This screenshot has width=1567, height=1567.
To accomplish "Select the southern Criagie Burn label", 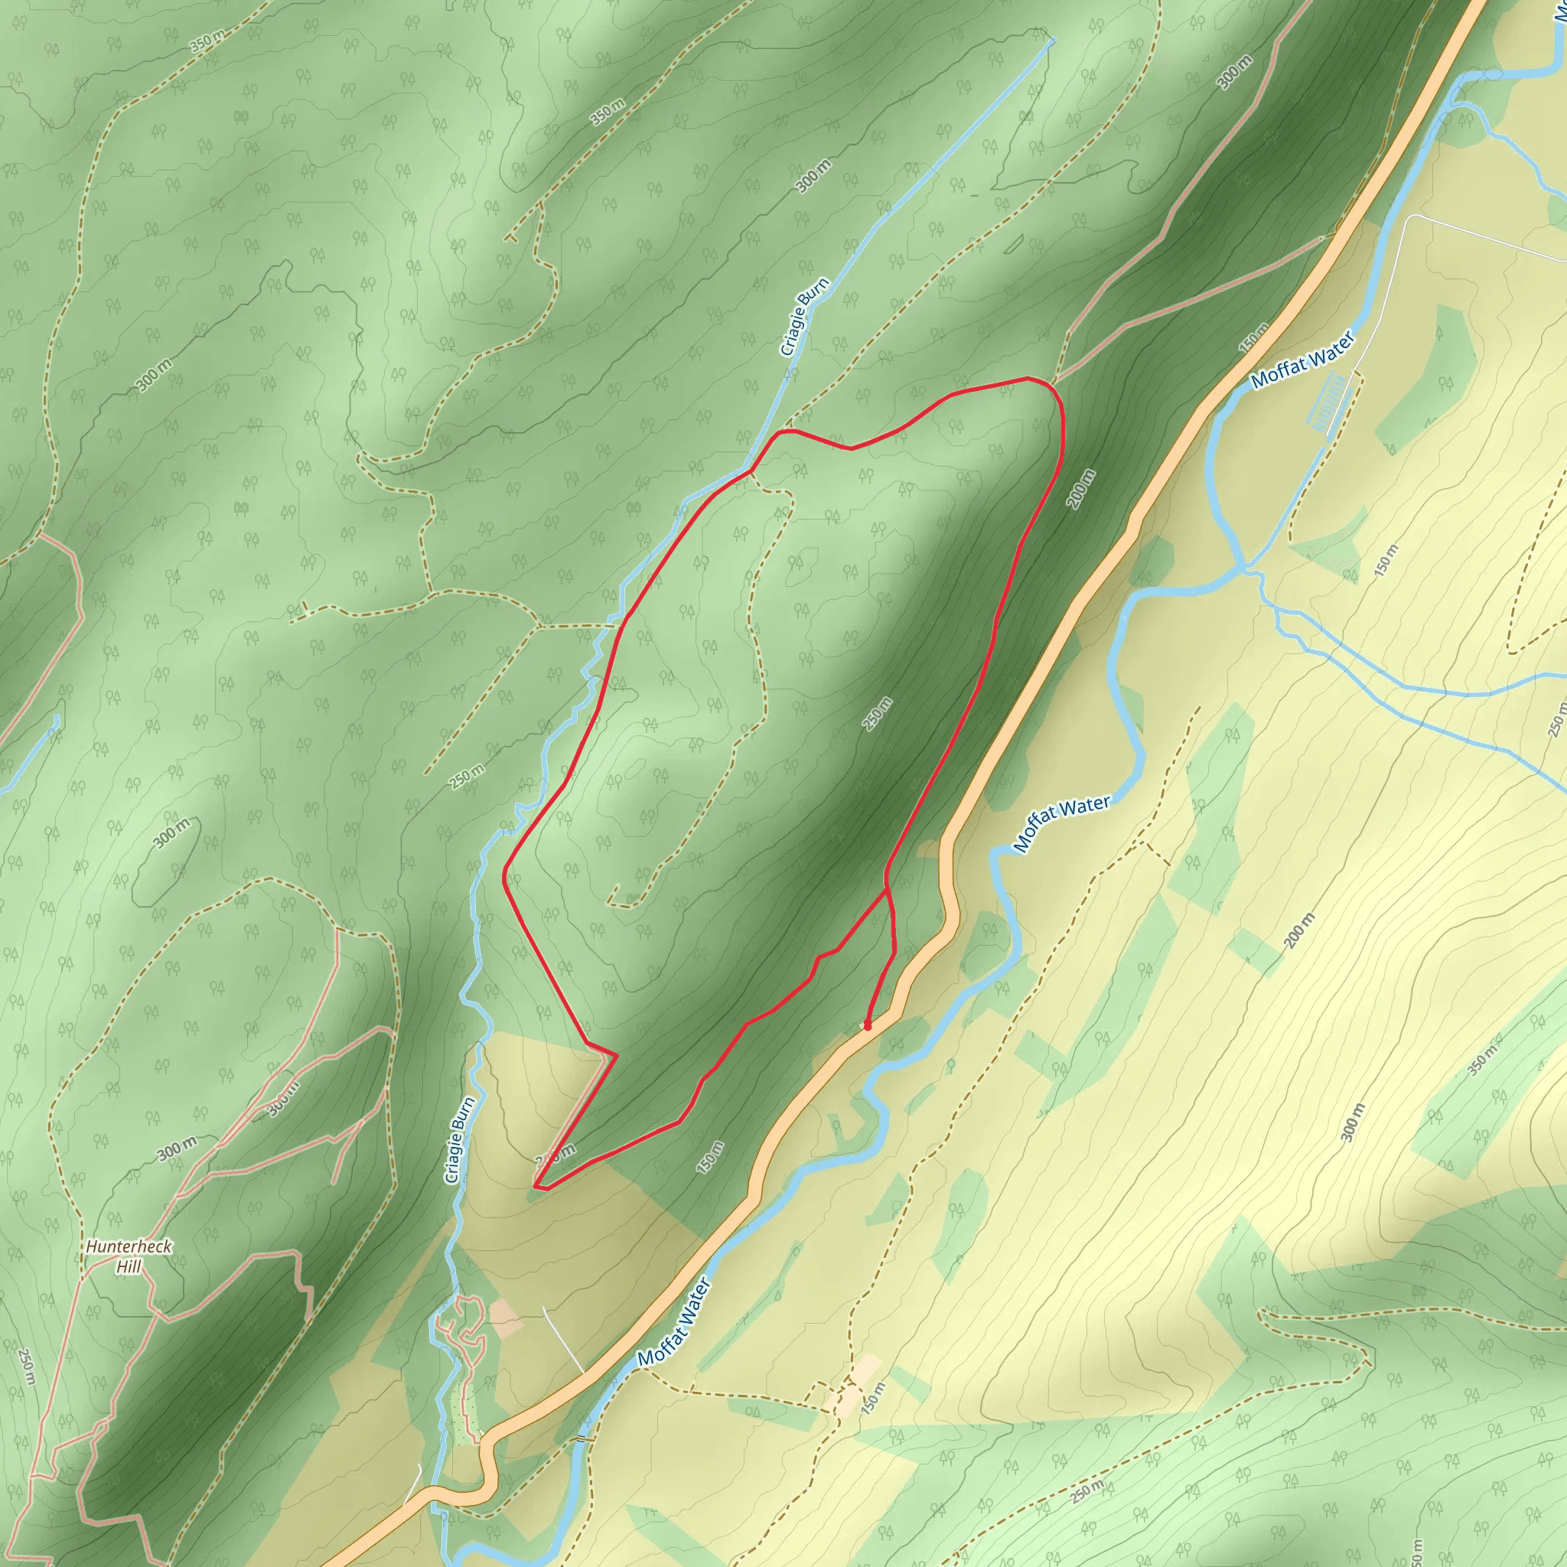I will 460,1139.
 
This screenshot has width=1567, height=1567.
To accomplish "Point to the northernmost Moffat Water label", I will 1302,360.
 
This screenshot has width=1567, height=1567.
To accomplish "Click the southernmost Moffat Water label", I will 674,1322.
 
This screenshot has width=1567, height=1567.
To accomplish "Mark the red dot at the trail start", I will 868,1026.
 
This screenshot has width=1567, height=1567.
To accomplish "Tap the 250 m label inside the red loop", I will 878,714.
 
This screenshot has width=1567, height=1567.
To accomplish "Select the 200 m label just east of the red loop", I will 1081,489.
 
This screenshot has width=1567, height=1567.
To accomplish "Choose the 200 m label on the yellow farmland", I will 1298,930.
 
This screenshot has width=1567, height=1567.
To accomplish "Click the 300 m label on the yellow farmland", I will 1354,1122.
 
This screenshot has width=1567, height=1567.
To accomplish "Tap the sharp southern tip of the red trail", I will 536,1187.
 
